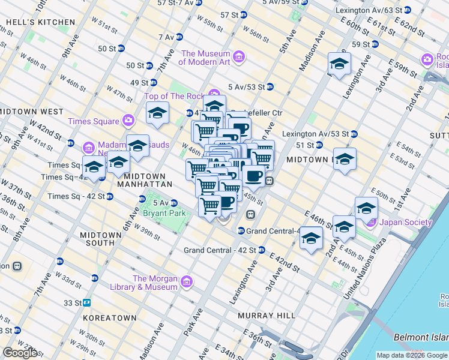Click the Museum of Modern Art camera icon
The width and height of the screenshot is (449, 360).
pyautogui.click(x=240, y=58)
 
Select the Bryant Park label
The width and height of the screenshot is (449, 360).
pyautogui.click(x=164, y=212)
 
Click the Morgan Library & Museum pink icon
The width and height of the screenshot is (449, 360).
pyautogui.click(x=186, y=281)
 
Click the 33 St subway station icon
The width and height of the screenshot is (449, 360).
pyautogui.click(x=87, y=303)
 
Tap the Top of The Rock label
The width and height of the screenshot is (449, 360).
pyautogui.click(x=175, y=96)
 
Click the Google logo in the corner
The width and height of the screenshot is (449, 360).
pyautogui.click(x=20, y=353)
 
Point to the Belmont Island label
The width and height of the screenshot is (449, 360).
pyautogui.click(x=421, y=338)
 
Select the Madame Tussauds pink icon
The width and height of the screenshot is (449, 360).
pyautogui.click(x=89, y=148)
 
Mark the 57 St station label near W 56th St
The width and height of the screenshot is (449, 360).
pyautogui.click(x=229, y=14)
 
